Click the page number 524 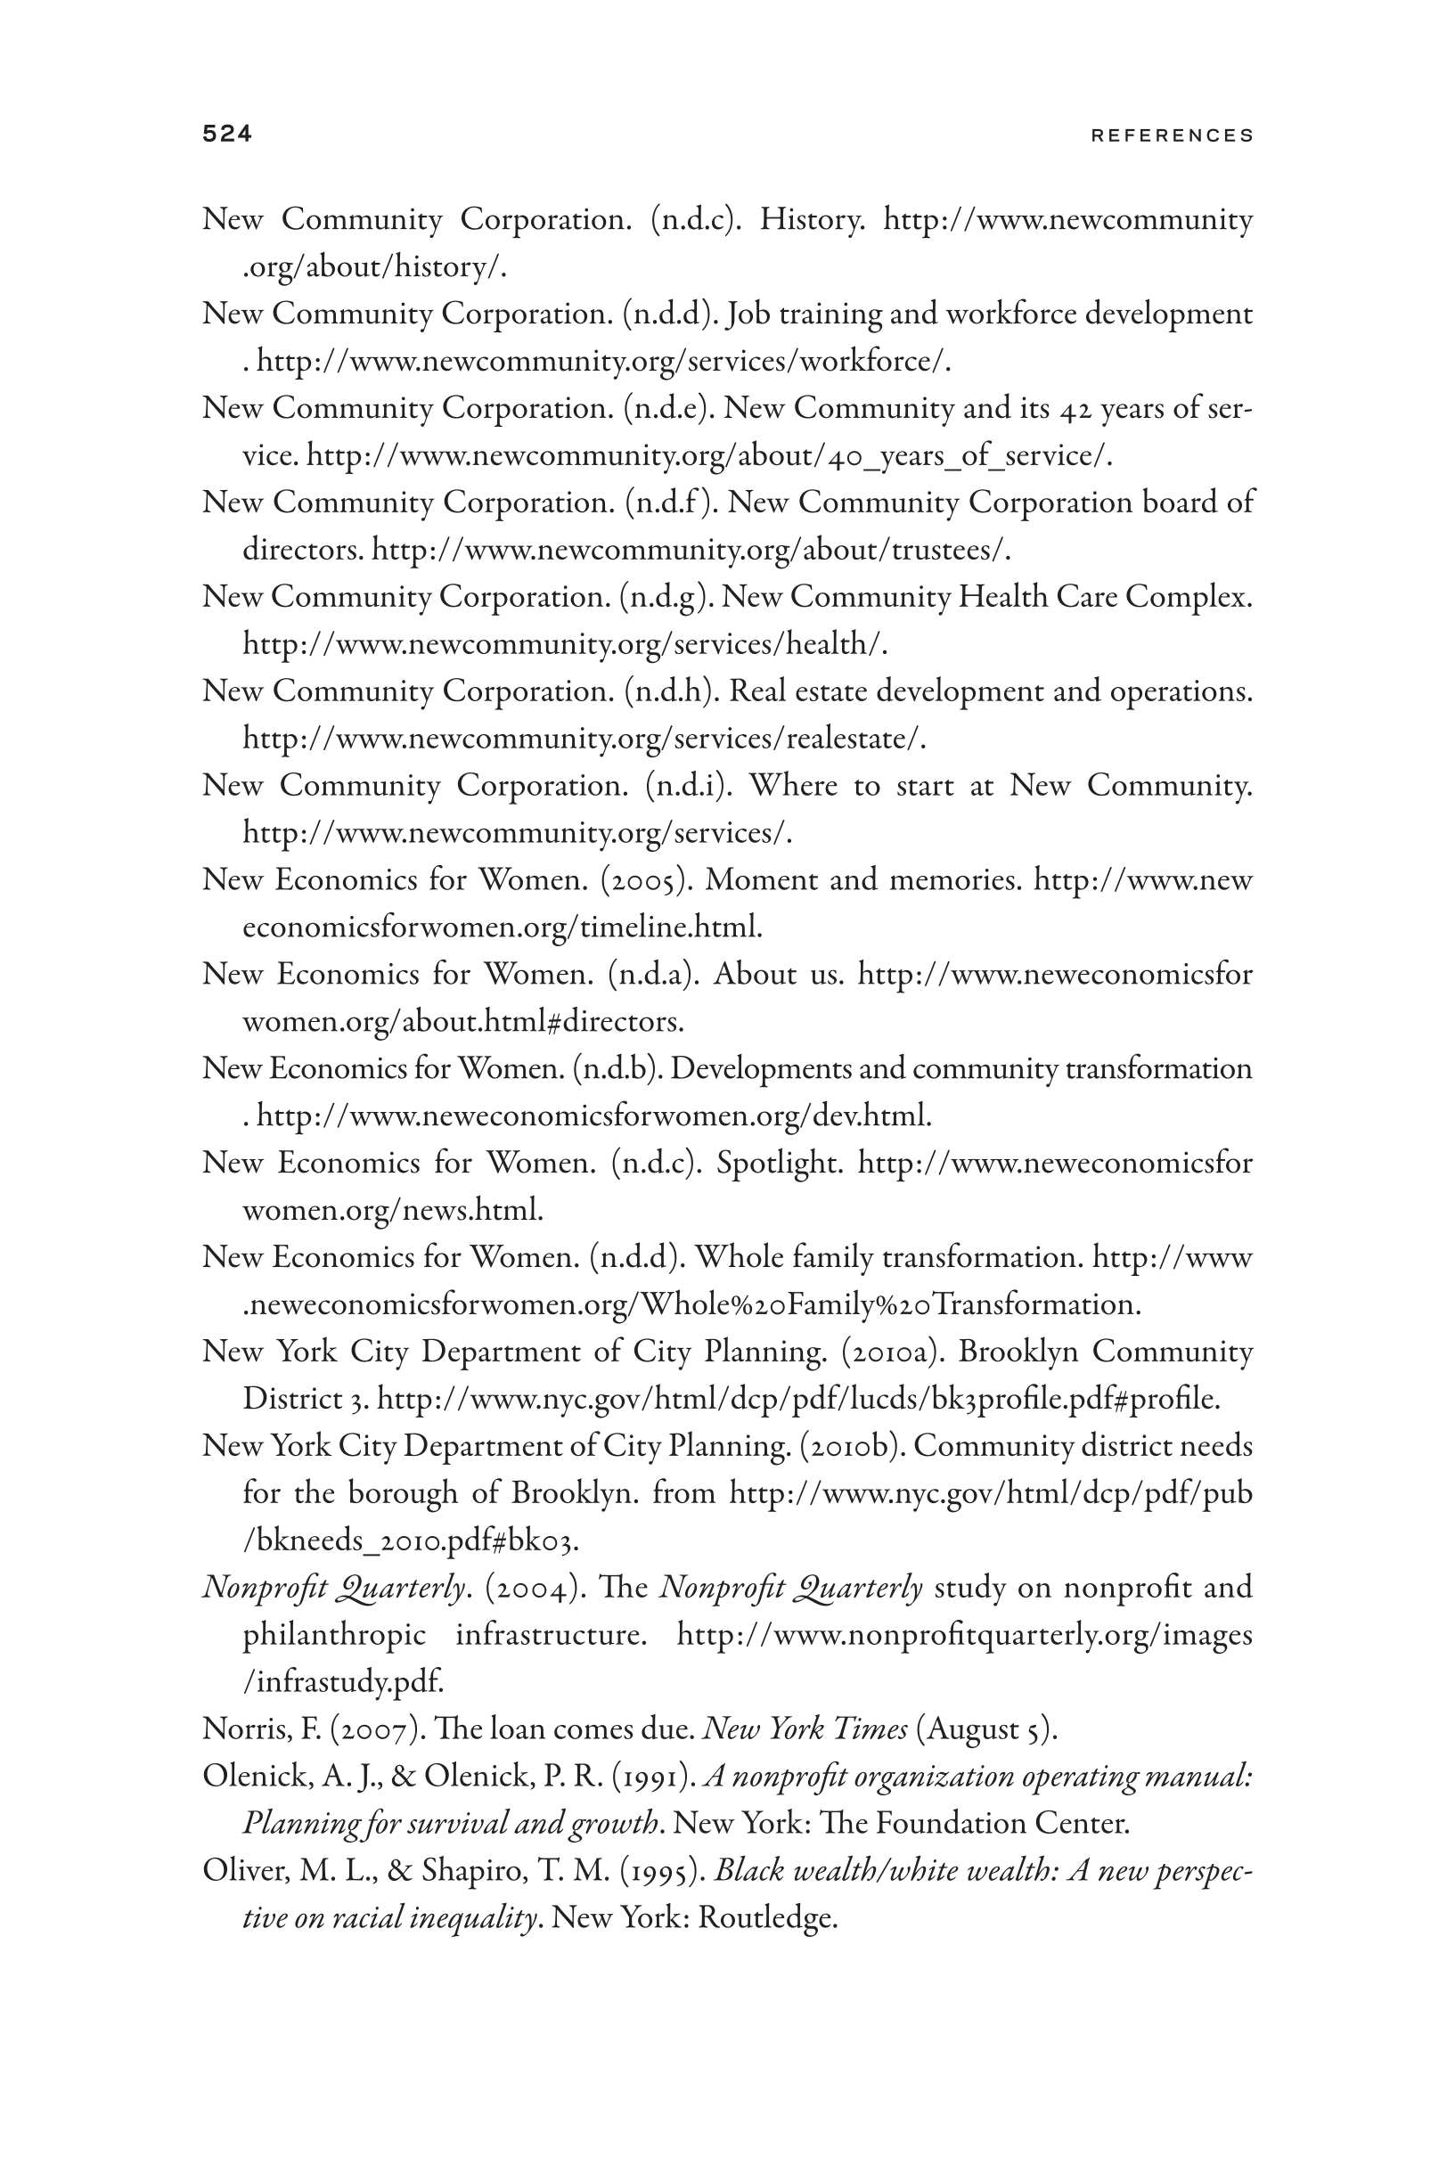[x=226, y=135]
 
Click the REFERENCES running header [x=1172, y=135]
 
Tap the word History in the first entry [x=812, y=220]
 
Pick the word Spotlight [x=780, y=1163]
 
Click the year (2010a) [x=893, y=1352]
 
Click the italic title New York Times [x=805, y=1729]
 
